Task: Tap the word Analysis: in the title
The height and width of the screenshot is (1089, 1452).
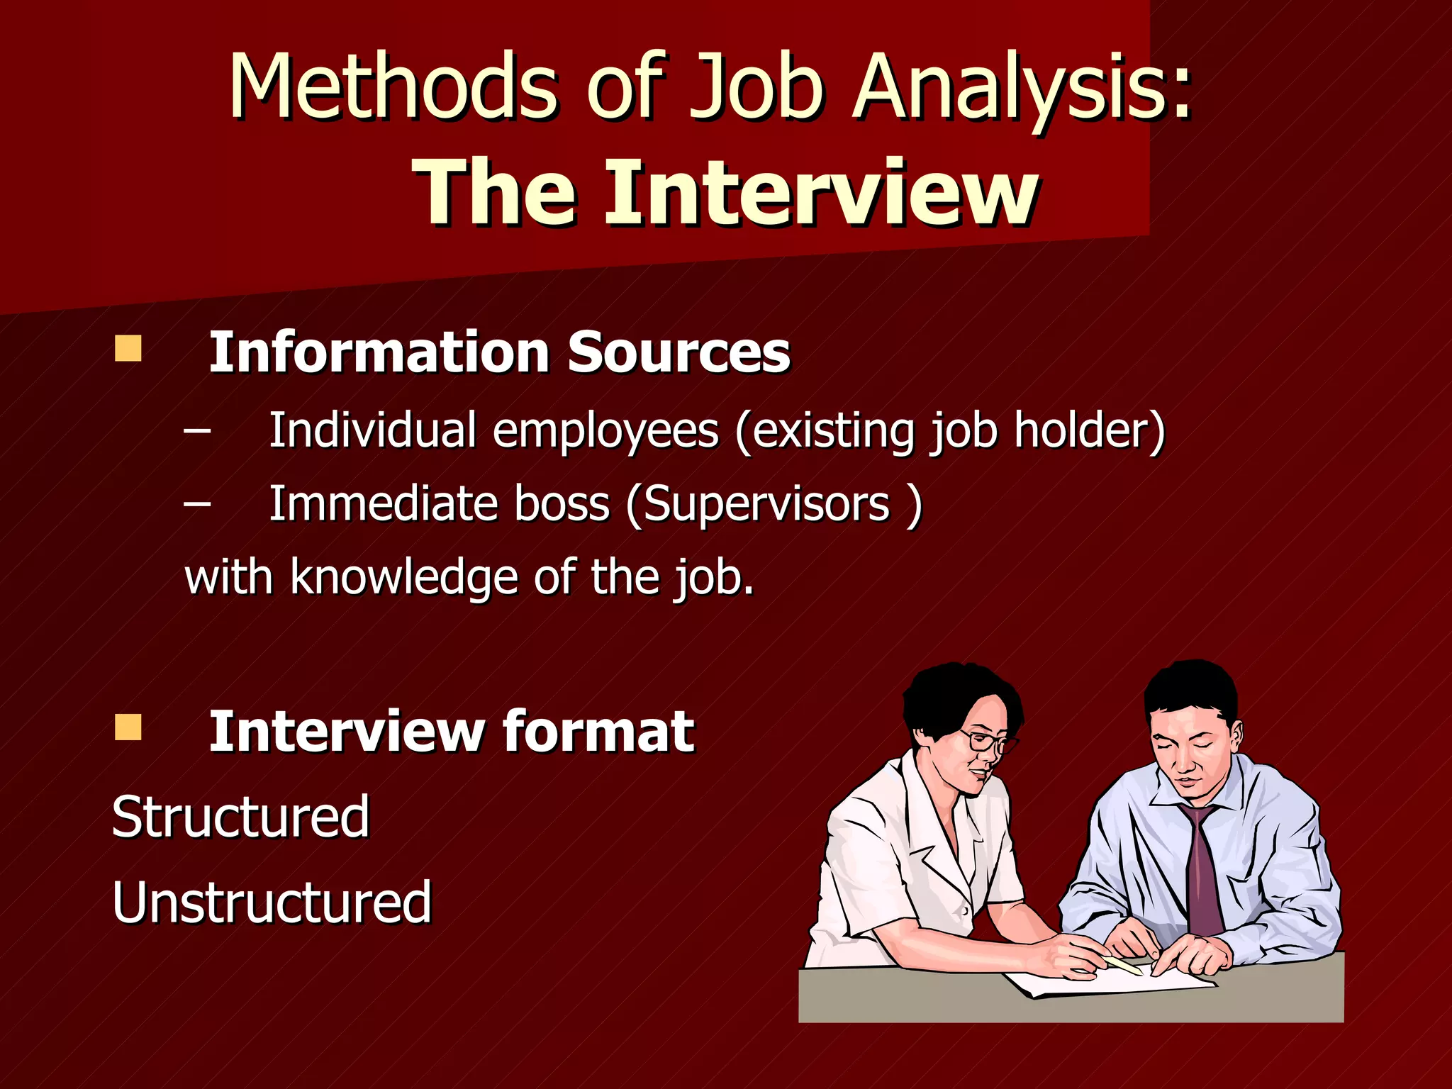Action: click(1021, 89)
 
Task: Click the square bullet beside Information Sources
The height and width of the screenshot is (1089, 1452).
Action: click(128, 349)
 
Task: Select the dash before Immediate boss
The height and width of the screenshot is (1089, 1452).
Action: click(197, 503)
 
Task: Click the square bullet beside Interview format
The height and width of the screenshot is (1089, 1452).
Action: click(128, 727)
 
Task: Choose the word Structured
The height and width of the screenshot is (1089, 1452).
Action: click(241, 817)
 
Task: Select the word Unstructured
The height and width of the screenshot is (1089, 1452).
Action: click(272, 902)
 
